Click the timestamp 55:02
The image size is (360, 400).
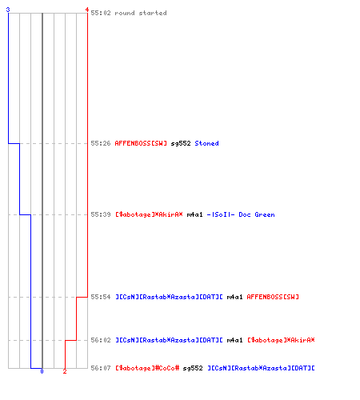coord(101,13)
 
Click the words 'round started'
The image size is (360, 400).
coord(141,13)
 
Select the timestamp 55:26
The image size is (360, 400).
coord(101,143)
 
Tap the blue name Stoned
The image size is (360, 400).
coord(206,143)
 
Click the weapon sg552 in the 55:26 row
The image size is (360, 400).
coord(181,143)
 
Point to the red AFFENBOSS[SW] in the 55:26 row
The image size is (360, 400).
coord(141,143)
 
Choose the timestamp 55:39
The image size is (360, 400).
coord(101,214)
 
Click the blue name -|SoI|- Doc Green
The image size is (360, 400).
coord(241,214)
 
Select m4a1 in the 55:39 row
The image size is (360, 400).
coord(194,214)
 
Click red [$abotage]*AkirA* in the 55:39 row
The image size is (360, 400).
coord(149,214)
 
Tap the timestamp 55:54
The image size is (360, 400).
coord(101,297)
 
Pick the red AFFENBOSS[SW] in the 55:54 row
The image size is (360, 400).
coord(273,297)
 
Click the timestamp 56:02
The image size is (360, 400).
coord(101,340)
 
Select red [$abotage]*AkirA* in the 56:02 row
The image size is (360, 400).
coord(281,340)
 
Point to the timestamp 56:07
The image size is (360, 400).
coord(101,368)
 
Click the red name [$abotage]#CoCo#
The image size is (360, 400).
coord(147,368)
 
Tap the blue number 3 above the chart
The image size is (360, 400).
coord(8,10)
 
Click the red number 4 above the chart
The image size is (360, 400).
coord(86,10)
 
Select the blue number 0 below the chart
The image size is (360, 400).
coord(42,371)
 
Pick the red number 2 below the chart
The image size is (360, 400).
coord(65,371)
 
